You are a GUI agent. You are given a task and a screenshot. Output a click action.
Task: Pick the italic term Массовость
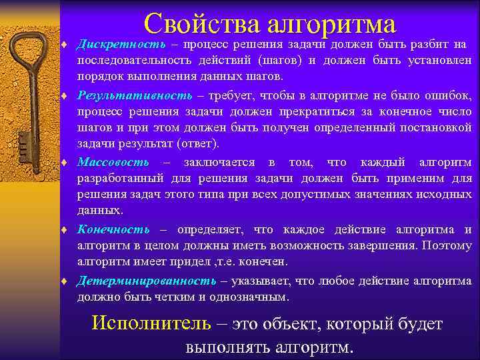click(x=113, y=163)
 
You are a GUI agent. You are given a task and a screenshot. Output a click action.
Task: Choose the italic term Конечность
click(x=114, y=229)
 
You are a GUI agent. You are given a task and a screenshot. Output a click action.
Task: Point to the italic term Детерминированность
click(x=147, y=281)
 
